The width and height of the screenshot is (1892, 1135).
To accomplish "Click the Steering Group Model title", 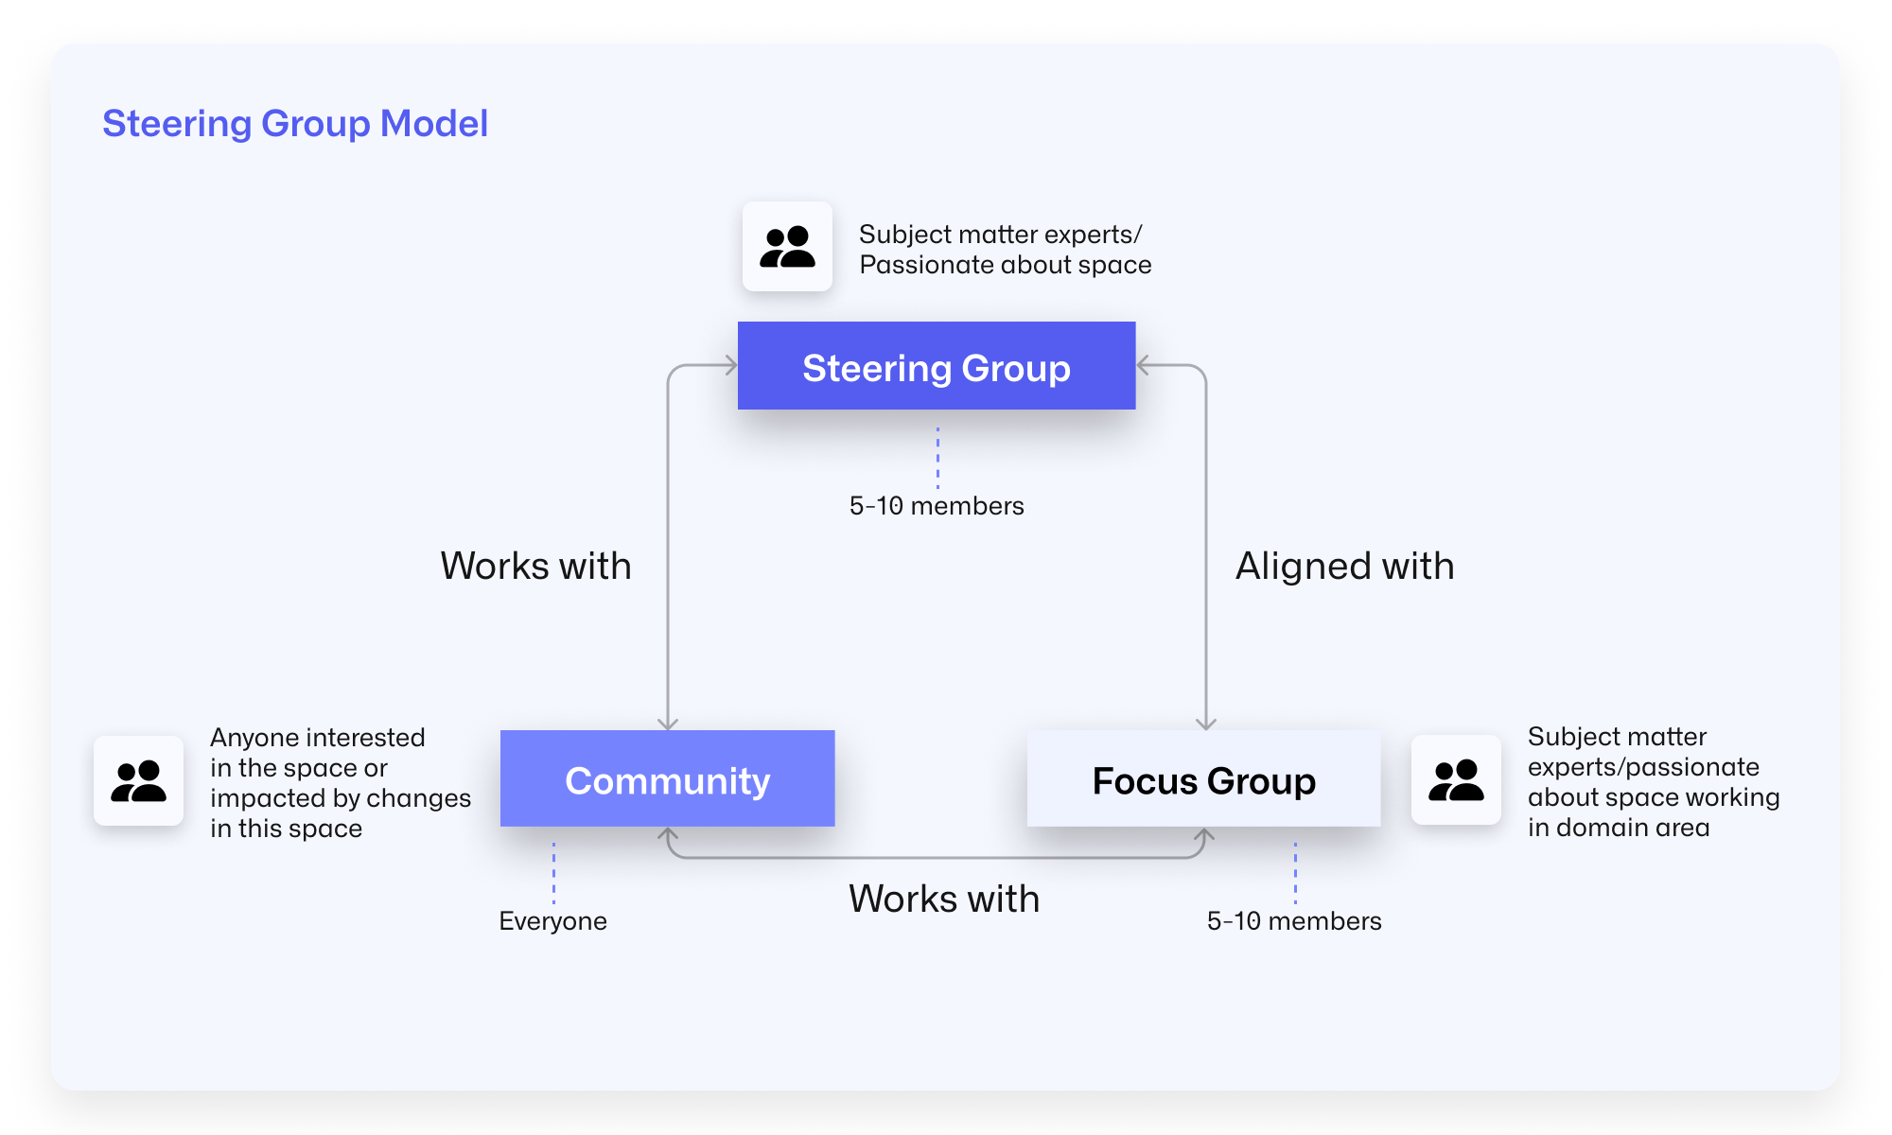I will point(295,124).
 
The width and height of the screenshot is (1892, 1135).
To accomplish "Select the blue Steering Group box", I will point(936,366).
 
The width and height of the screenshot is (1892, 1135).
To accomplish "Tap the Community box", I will point(667,779).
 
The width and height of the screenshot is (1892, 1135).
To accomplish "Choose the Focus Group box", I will point(1203,779).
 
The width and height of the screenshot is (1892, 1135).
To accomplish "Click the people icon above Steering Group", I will point(787,246).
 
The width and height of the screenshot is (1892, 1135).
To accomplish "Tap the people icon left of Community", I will point(138,780).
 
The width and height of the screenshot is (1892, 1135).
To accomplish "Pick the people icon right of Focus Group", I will point(1455,780).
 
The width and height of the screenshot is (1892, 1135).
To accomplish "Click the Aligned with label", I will point(1344,566).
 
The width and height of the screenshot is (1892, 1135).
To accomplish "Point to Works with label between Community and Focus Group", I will point(943,899).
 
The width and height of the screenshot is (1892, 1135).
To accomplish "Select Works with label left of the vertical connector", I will point(535,566).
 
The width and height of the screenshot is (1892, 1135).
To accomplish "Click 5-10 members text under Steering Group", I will point(936,506).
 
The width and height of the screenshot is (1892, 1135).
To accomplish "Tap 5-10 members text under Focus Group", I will point(1293,921).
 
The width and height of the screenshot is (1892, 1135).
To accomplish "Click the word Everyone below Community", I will point(552,921).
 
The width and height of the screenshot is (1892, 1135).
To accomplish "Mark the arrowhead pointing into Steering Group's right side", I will point(1144,365).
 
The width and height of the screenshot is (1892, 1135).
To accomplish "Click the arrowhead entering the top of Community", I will point(668,724).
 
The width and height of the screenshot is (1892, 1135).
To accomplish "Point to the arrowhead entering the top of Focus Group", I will point(1205,724).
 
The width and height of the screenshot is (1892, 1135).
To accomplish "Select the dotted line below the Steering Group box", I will point(937,458).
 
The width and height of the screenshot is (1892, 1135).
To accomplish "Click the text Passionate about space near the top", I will point(1005,265).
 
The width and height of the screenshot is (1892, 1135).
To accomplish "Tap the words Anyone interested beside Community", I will point(317,738).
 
